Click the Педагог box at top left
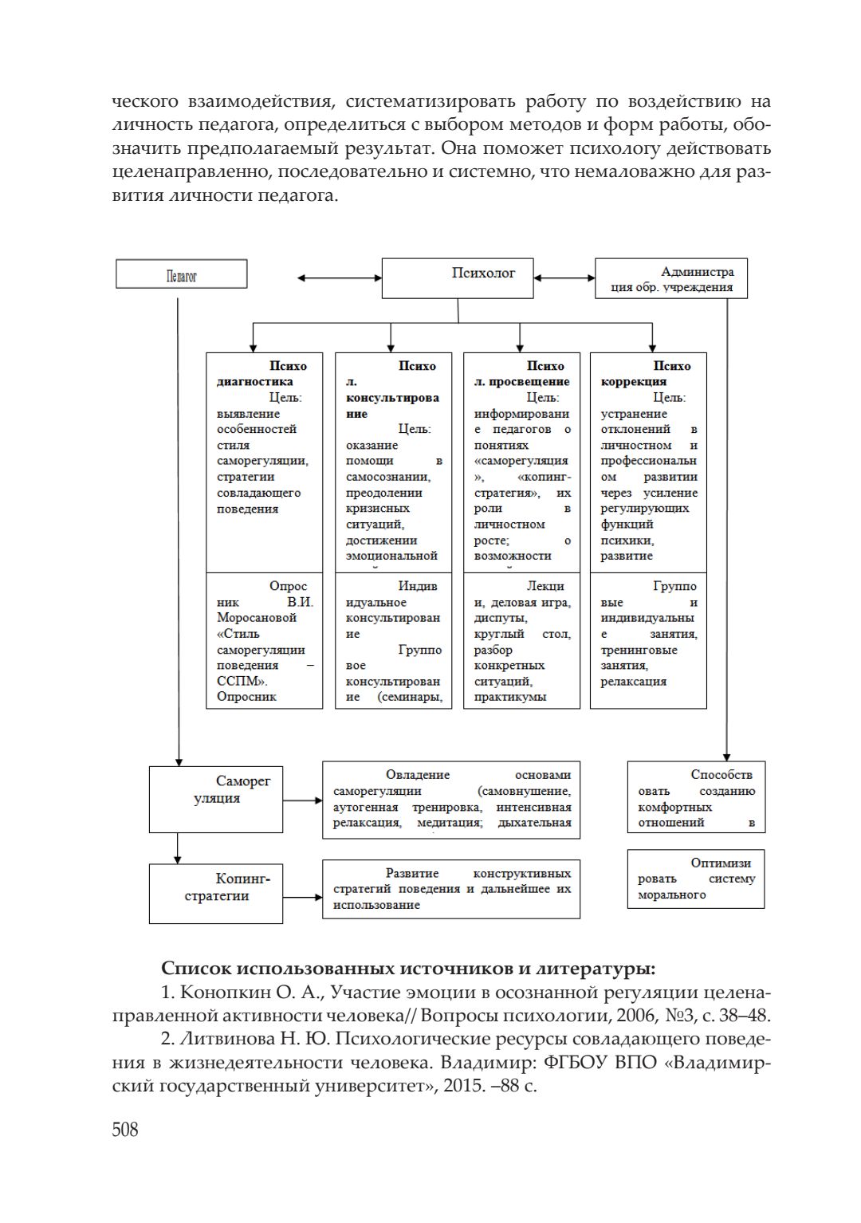pos(182,275)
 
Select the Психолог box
pos(458,277)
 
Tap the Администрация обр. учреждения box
pos(671,279)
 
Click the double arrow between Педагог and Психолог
pos(339,278)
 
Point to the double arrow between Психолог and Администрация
pos(564,278)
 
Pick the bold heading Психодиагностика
pos(261,374)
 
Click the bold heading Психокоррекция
pos(646,374)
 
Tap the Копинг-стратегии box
pos(216,893)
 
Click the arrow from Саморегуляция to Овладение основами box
pos(302,800)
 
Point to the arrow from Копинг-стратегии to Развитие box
pos(302,897)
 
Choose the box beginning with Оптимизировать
pos(696,879)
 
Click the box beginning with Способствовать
pos(696,797)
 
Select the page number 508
pos(125,1129)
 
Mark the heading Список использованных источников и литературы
pos(408,968)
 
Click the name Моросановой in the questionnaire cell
pos(256,618)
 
